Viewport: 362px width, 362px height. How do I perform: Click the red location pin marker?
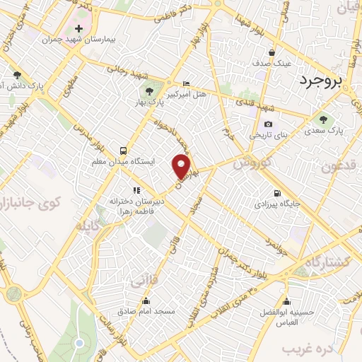coord(183,167)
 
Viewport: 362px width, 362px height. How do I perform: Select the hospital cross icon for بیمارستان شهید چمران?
coord(78,29)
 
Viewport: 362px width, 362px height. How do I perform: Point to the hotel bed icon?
coord(186,83)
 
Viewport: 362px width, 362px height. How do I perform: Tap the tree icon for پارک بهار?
coord(148,91)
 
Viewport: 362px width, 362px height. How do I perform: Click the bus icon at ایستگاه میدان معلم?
coord(124,151)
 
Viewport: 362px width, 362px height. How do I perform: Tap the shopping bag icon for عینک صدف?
coord(271,52)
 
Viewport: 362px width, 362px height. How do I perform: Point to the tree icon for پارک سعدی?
coord(324,119)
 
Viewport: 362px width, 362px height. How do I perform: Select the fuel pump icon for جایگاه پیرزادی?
coord(276,194)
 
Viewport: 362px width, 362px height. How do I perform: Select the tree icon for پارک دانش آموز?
coord(16,75)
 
